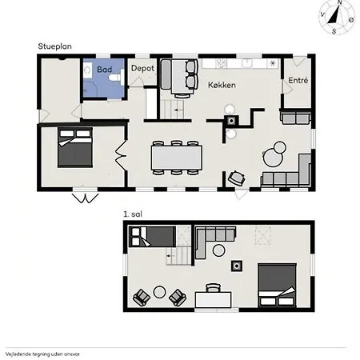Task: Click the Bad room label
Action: click(x=104, y=70)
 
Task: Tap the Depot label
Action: click(x=142, y=69)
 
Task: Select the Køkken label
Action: click(x=222, y=85)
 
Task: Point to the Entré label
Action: click(x=298, y=80)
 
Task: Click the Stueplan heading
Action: click(x=54, y=46)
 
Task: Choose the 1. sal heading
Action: click(x=133, y=214)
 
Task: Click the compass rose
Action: click(x=337, y=18)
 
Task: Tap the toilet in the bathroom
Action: click(x=117, y=78)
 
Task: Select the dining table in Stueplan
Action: click(x=177, y=158)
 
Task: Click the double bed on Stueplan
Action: click(x=75, y=147)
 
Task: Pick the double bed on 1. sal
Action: click(x=277, y=285)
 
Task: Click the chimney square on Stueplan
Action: click(x=231, y=121)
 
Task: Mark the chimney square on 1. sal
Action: click(x=237, y=266)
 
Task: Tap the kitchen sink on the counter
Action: click(x=247, y=63)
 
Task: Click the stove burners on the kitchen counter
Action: click(x=222, y=63)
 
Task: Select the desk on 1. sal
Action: click(x=213, y=300)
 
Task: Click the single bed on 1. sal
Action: click(x=152, y=237)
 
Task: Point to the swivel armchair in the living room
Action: click(x=236, y=178)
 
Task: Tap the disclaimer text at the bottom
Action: click(x=42, y=354)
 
